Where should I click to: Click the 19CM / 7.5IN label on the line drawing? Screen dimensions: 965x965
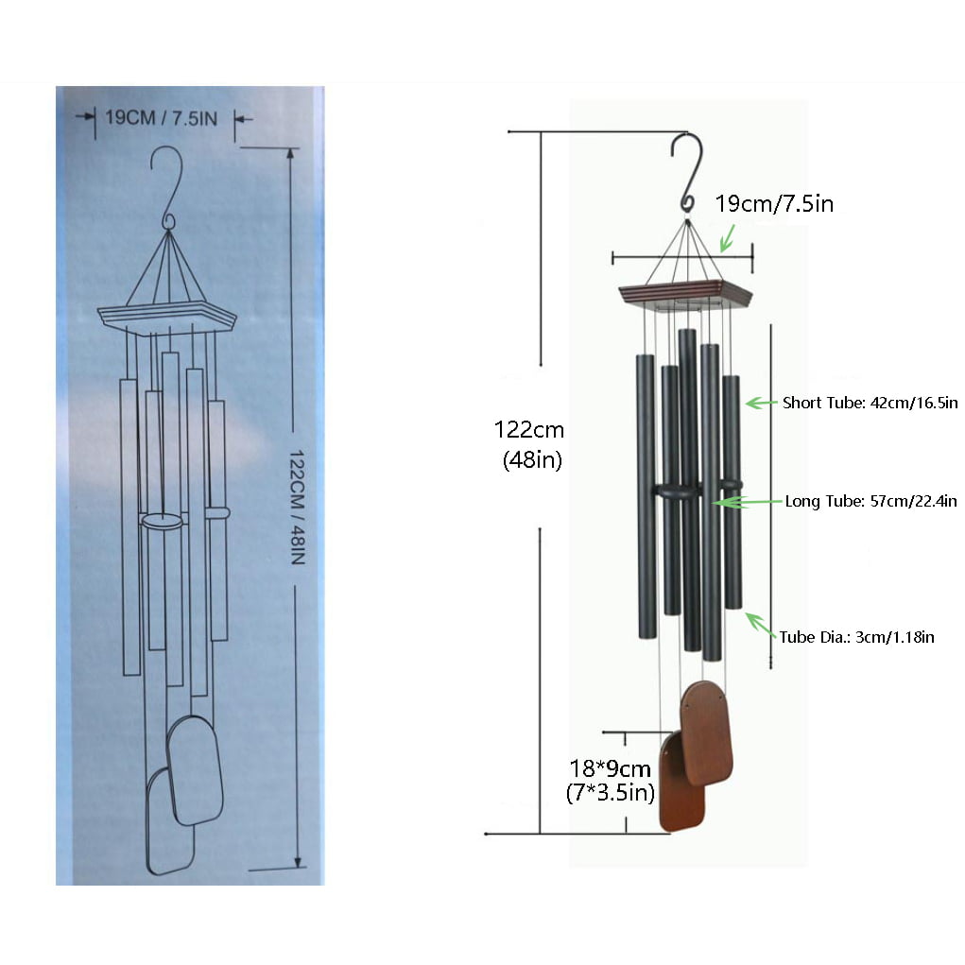[162, 117]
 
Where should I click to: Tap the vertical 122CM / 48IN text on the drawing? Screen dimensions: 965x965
[298, 508]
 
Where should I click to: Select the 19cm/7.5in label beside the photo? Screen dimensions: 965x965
[774, 204]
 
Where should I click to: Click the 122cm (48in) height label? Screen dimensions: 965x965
[529, 444]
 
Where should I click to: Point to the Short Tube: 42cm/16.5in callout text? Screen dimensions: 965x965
[870, 404]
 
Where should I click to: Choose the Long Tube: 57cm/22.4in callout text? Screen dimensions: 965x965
[870, 502]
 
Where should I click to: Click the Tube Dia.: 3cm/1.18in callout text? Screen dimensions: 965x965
[856, 637]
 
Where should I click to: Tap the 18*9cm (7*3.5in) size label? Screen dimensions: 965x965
[610, 781]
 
